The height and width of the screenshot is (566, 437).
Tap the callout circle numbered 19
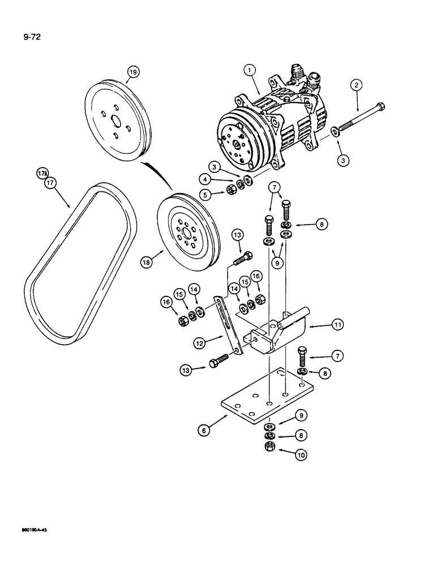pyautogui.click(x=133, y=72)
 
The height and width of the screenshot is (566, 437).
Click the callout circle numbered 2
pyautogui.click(x=356, y=85)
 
